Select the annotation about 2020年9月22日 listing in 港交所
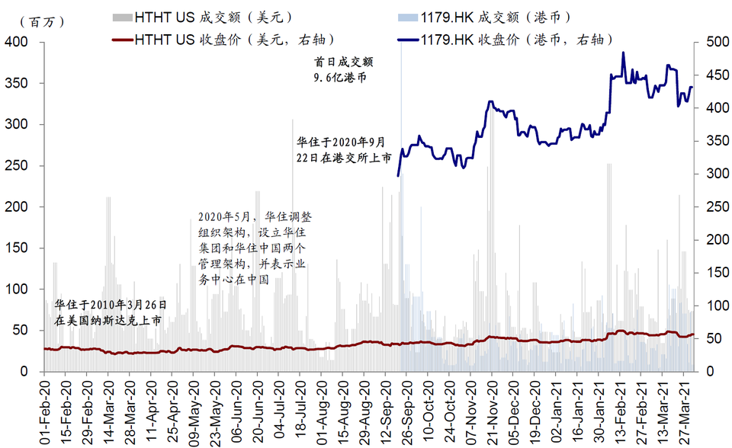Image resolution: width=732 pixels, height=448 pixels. coord(344,149)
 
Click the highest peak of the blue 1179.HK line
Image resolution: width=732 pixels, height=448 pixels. coord(623,53)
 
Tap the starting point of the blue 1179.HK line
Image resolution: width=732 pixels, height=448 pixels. coord(398,176)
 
